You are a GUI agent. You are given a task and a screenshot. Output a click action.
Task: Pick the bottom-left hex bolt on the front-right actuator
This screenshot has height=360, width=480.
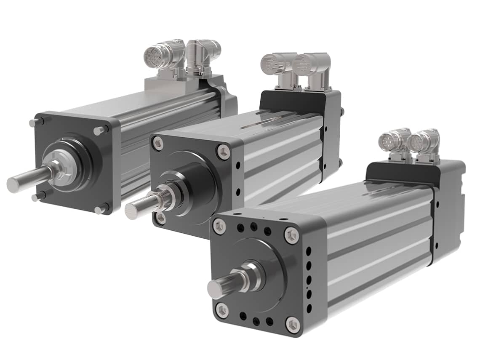[x=222, y=310]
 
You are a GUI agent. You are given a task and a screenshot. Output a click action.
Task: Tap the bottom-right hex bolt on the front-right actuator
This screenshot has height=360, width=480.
[x=293, y=325]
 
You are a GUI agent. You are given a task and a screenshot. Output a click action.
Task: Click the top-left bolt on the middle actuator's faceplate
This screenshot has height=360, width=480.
[x=158, y=143]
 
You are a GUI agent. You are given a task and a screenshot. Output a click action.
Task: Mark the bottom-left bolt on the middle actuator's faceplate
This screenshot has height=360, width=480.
[x=160, y=218]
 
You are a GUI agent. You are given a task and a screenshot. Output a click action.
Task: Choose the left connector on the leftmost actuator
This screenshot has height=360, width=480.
[x=158, y=55]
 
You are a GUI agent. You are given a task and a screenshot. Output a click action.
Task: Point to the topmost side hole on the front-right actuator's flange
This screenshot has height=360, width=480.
[x=309, y=251]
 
